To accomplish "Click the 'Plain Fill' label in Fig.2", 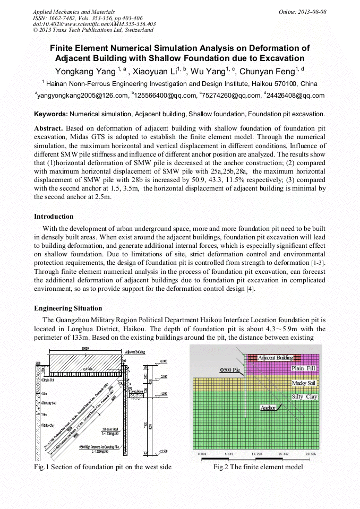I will [304, 368].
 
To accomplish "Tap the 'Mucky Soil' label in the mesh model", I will [304, 383].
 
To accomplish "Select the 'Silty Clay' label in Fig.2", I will [305, 397].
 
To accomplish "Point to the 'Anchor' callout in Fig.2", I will [268, 408].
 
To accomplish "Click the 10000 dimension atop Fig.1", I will [85, 348].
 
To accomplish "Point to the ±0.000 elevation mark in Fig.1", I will [164, 361].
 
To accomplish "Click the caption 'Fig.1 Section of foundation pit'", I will [102, 467].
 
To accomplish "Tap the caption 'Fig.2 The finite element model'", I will [258, 467].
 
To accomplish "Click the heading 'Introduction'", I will [54, 217].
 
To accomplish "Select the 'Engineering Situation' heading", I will [68, 308].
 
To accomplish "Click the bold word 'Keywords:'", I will [50, 114].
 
